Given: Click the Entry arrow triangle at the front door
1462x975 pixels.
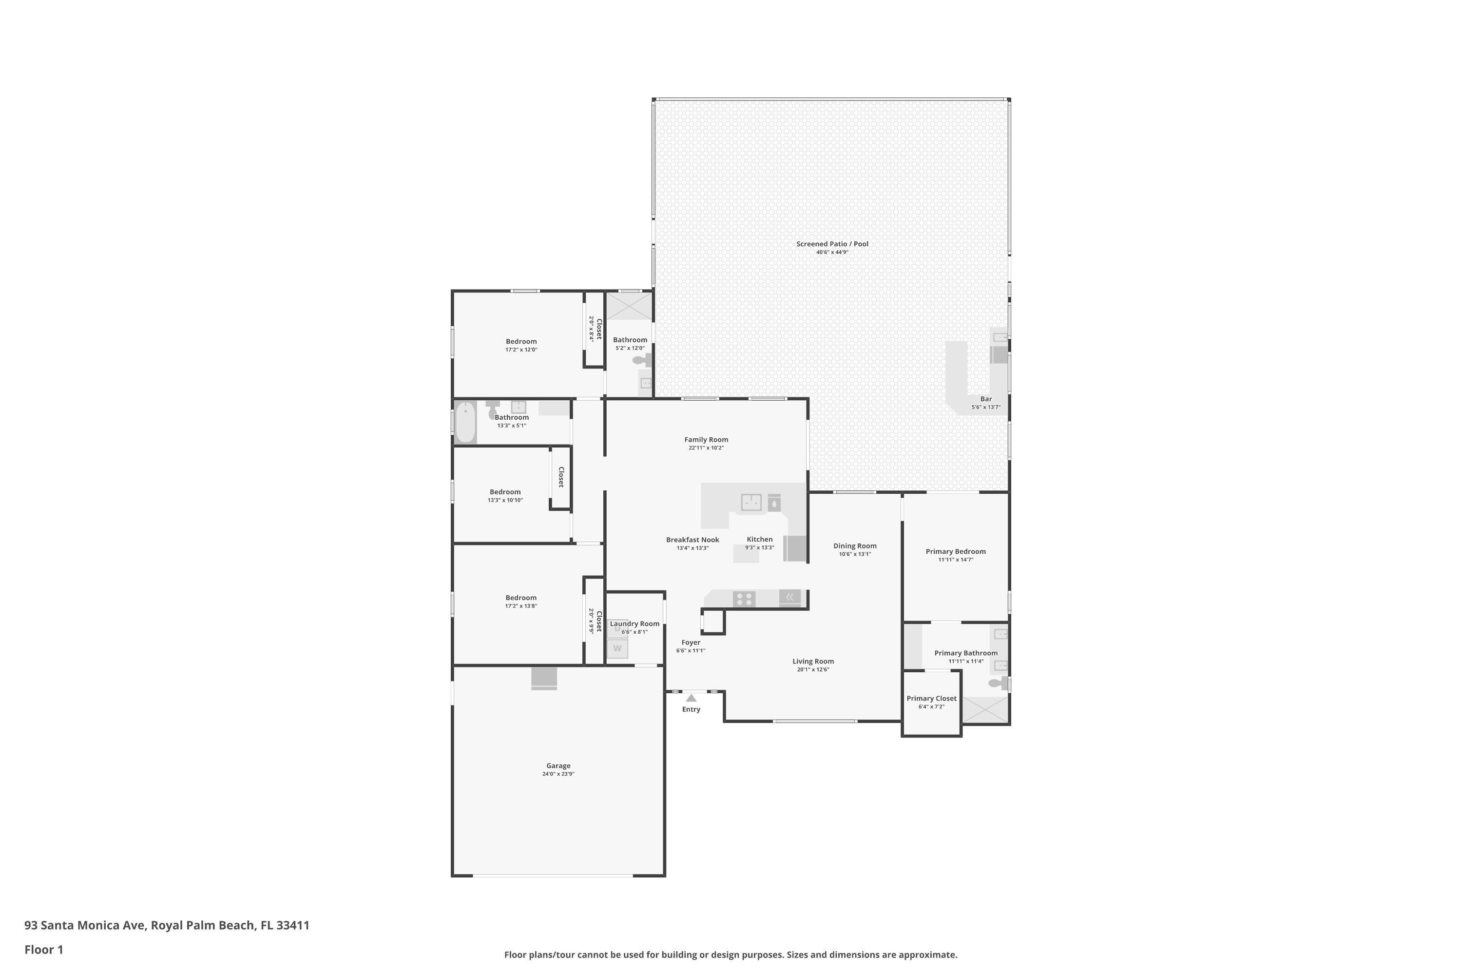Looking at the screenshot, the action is (x=691, y=698).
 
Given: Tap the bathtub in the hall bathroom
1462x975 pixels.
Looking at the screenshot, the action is (x=465, y=422).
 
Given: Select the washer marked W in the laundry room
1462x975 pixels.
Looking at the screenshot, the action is (x=617, y=648).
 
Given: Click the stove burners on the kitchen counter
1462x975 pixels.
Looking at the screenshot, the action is (x=744, y=599).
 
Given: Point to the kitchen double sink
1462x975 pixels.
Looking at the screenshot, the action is (x=751, y=502).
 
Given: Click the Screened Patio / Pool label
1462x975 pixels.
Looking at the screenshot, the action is (x=832, y=244).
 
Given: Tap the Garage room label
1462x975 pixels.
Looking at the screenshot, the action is (x=558, y=766).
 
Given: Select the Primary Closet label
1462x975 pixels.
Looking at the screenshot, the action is (x=932, y=698).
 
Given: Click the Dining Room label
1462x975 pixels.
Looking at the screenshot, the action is (x=855, y=546).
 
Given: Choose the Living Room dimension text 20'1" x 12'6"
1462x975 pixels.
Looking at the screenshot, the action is (x=813, y=670).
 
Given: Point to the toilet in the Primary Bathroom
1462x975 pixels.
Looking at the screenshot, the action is (x=997, y=683).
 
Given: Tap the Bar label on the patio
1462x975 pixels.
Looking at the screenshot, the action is (x=986, y=399).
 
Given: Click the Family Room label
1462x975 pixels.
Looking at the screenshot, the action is (x=706, y=440).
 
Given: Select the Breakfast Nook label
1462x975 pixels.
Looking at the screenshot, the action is (x=693, y=540).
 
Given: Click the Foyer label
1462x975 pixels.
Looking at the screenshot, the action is (x=691, y=643).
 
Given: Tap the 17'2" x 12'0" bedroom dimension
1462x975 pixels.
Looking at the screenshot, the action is (x=521, y=350).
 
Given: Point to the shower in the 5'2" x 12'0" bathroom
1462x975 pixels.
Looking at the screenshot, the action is (x=629, y=307).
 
